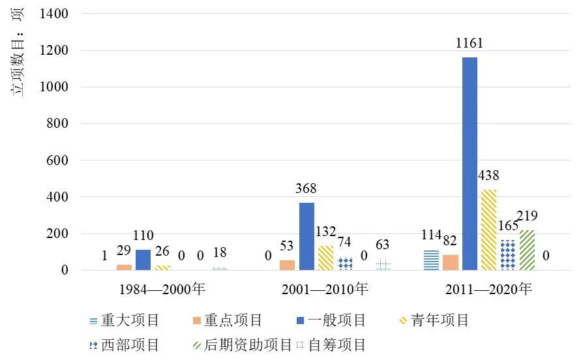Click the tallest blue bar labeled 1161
[x=470, y=164]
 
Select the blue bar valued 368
[x=306, y=236]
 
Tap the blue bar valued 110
[x=143, y=260]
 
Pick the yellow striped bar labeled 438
[x=488, y=230]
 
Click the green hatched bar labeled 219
[x=527, y=250]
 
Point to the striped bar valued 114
[x=431, y=260]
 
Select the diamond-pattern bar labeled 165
[x=508, y=254]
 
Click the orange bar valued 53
[x=287, y=265]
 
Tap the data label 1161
[x=470, y=44]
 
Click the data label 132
[x=325, y=232]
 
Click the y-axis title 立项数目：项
[x=19, y=52]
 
